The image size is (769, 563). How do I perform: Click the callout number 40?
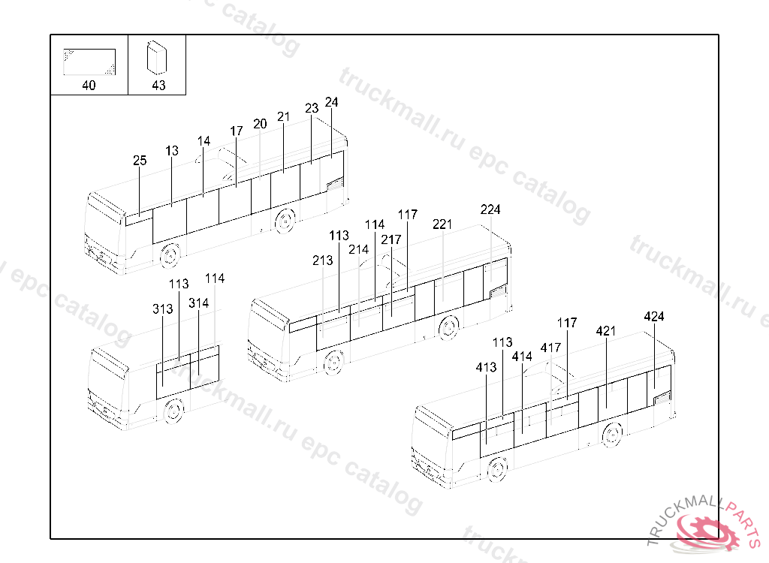coord(89,86)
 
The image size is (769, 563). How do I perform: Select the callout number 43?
coord(158,86)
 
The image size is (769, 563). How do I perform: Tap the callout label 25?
coord(140,161)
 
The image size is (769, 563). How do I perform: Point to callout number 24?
coord(331,102)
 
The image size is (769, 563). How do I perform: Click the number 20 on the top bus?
coord(260,125)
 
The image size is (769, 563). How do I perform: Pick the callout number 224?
coord(490,210)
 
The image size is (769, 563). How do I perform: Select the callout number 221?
coord(442,224)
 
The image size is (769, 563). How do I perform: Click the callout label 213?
coord(323,260)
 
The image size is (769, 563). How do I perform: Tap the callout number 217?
coord(391,239)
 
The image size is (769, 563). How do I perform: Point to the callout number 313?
coord(163,309)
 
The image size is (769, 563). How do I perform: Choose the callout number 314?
coord(199,303)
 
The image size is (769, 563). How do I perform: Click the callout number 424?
coord(654,317)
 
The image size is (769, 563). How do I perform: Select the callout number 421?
coord(606,331)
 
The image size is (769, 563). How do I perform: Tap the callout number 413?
coord(486,368)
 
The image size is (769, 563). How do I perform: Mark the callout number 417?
coord(550,348)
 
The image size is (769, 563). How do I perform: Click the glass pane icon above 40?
coord(89,62)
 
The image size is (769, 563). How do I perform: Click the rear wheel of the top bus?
coord(285,221)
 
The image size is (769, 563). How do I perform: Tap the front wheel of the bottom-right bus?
coord(496,469)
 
